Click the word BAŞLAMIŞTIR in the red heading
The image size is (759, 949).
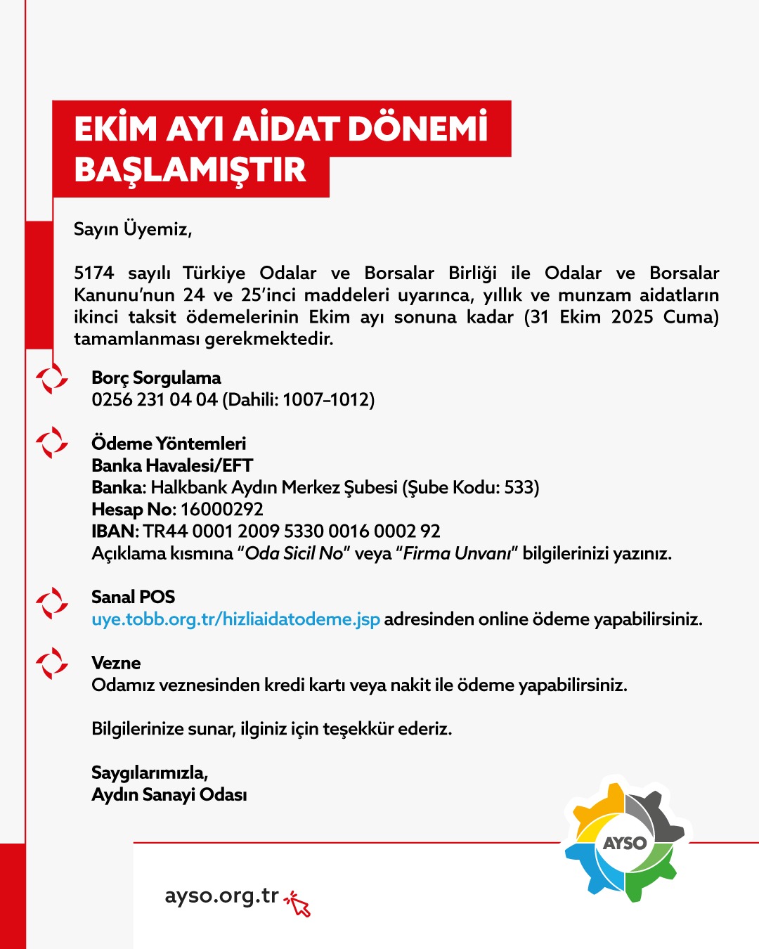(190, 170)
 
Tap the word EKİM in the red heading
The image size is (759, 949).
(115, 129)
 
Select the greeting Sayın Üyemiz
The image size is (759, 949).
(132, 229)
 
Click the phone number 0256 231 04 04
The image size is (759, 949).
(155, 400)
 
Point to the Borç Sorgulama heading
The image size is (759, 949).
(156, 378)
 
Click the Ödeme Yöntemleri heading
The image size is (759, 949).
(169, 444)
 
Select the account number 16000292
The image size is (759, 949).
(222, 510)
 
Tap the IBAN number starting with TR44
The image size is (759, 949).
(292, 531)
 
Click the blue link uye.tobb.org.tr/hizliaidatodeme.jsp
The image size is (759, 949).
(235, 619)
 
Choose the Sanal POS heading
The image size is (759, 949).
(133, 598)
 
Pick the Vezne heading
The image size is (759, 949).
(116, 664)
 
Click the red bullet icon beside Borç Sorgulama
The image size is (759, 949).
(52, 380)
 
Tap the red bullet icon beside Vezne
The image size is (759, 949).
(52, 664)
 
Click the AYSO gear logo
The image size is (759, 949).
(624, 842)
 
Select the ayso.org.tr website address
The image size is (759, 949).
(221, 896)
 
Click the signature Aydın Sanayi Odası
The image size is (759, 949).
(169, 795)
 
